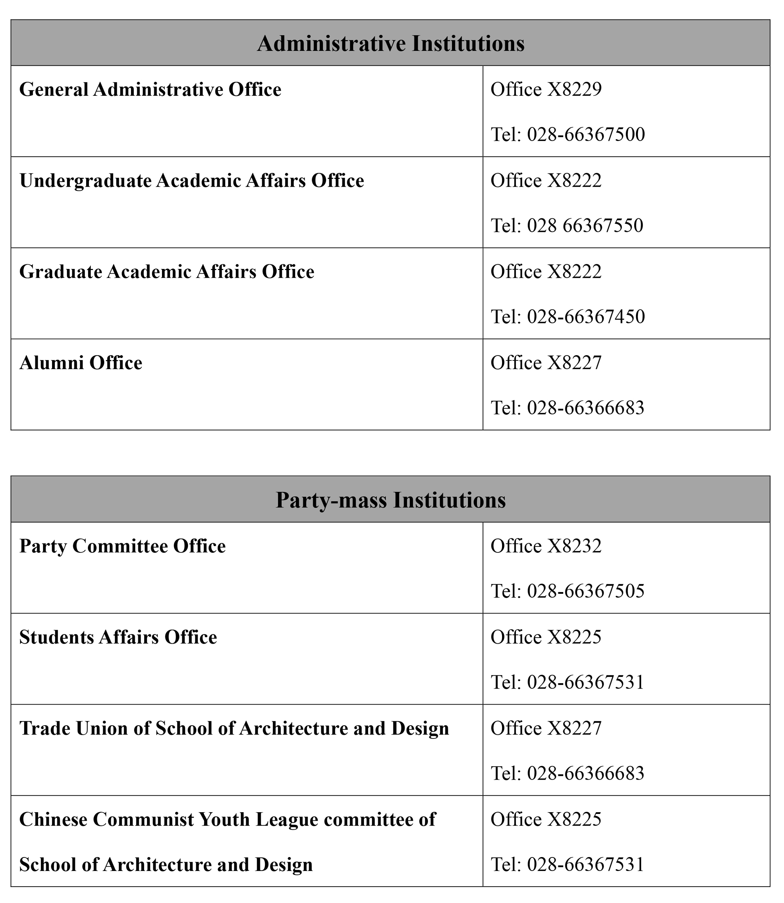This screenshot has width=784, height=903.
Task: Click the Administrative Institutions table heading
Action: point(391,44)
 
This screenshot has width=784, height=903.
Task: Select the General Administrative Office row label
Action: point(150,90)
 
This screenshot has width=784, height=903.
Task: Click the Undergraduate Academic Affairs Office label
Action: point(192,181)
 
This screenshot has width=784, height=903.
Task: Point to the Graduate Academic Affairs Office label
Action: point(167,272)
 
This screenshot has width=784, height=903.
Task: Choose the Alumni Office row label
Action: point(81,363)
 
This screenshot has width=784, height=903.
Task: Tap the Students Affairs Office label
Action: point(118,637)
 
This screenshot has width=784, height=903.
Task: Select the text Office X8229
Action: point(546,90)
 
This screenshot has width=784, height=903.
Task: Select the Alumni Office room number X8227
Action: point(574,363)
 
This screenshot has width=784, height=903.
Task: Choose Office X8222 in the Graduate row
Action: point(546,272)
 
